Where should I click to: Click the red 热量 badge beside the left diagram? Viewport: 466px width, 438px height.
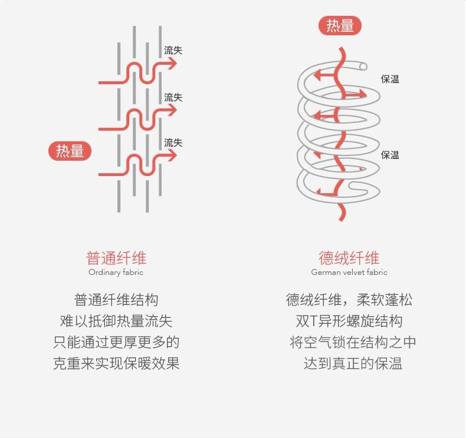[x=70, y=151]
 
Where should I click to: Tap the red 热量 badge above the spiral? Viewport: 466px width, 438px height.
[x=340, y=26]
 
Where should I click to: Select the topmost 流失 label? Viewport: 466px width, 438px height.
[x=173, y=50]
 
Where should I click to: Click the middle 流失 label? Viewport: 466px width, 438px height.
[x=173, y=97]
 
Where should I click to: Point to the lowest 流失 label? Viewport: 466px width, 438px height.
[x=173, y=142]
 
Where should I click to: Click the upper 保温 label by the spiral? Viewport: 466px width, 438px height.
[x=390, y=79]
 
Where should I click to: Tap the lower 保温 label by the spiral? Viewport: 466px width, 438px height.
[x=390, y=155]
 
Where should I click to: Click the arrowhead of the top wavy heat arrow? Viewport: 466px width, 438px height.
[x=172, y=65]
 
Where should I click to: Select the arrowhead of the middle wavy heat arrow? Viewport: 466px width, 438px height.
[x=172, y=110]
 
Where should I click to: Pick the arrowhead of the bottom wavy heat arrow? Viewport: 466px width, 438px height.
[x=172, y=155]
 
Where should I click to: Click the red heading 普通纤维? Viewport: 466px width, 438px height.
[x=116, y=258]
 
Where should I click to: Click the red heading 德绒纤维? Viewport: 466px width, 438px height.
[x=349, y=258]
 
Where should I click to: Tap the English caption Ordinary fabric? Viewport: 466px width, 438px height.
[x=116, y=273]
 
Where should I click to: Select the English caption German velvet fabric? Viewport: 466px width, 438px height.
[x=349, y=273]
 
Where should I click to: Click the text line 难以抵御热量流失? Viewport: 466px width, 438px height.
[x=116, y=321]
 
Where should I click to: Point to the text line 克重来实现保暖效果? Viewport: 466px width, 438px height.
[x=116, y=363]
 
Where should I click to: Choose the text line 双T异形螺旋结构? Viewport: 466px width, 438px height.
[x=349, y=321]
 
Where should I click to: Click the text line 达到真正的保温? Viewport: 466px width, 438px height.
[x=353, y=363]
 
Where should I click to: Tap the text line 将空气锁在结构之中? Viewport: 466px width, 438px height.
[x=353, y=342]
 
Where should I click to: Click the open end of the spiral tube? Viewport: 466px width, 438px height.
[x=363, y=66]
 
